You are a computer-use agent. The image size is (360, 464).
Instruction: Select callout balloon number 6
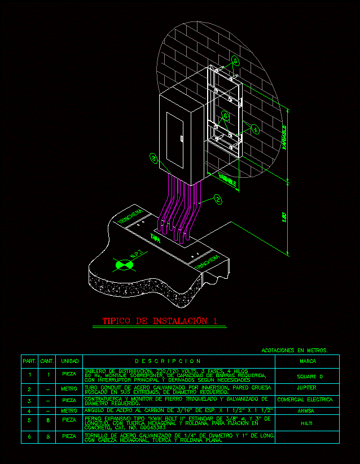pos(225,116)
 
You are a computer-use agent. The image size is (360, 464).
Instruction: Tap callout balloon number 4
pos(255,129)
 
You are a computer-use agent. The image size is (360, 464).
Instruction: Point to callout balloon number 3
pos(154,159)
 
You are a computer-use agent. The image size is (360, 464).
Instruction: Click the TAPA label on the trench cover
pos(155,239)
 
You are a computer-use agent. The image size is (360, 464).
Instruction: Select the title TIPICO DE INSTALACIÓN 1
pos(159,321)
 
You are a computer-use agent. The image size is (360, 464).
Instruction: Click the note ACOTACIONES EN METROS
pos(294,351)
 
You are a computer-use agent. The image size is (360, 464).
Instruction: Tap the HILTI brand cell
pos(307,422)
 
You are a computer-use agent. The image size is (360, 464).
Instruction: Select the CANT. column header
pos(47,361)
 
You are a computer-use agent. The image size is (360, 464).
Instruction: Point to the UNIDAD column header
pos(69,361)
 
